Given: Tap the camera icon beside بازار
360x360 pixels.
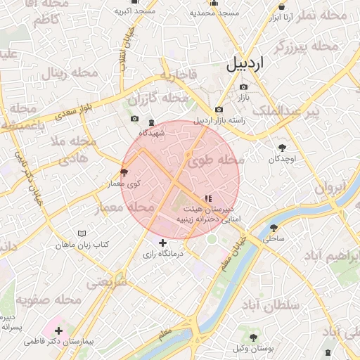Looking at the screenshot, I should (244, 87).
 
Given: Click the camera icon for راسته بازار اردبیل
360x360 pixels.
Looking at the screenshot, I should (219, 110).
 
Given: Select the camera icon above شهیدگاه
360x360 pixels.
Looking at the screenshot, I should (135, 120).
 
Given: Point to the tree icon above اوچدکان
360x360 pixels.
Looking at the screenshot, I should (282, 148).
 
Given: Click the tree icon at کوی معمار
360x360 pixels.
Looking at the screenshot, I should (124, 172).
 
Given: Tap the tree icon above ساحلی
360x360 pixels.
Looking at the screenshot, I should (274, 227).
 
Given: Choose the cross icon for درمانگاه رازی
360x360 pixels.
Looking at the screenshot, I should (163, 243).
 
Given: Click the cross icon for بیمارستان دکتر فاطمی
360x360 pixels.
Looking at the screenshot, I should (58, 330).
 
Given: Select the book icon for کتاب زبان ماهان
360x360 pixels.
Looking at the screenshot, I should (82, 233).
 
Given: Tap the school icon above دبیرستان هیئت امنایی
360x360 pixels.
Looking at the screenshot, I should (207, 198).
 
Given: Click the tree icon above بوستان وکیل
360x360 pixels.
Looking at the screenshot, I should (252, 337).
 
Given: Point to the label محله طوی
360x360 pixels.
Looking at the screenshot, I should (214, 160).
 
